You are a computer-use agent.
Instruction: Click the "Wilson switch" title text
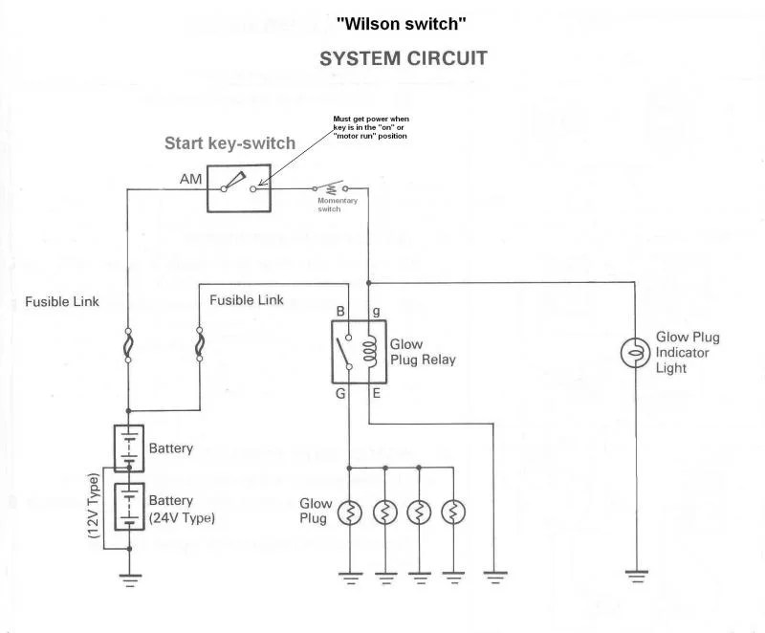402,22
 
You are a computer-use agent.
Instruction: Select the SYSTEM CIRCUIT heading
403,58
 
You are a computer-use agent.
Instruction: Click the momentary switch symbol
330,189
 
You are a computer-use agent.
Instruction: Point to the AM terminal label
190,180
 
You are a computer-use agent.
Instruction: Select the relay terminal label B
339,312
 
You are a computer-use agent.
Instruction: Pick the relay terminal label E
376,392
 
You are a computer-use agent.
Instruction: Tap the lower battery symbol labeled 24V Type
129,507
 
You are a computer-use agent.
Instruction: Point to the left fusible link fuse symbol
128,346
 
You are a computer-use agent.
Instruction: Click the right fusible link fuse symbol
199,346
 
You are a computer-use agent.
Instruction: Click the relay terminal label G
339,392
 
